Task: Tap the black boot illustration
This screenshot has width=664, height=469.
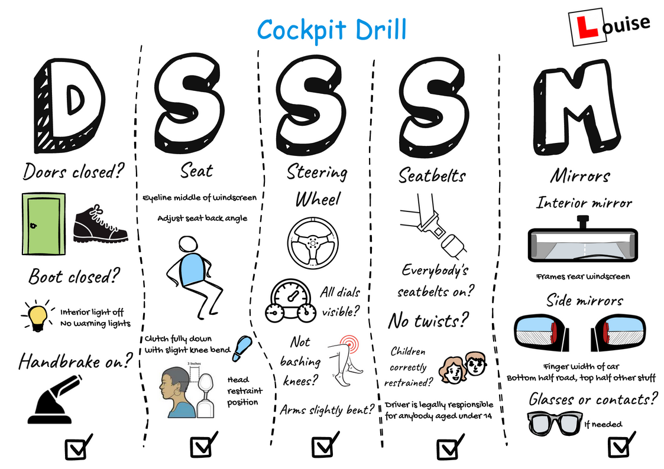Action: pos(100,224)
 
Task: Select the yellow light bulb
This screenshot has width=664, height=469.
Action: pos(38,315)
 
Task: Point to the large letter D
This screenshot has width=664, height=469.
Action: pos(70,103)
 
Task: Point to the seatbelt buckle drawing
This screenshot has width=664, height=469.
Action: pos(430,227)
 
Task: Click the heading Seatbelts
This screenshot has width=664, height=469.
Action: pos(432,175)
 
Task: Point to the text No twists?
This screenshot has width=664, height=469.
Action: pos(428,321)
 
